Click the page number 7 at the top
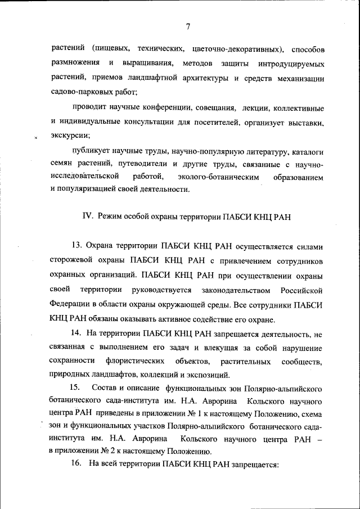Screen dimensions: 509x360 (188, 26)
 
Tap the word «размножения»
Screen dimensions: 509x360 (74, 61)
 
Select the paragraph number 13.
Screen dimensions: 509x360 (76, 246)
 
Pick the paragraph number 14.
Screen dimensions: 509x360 (76, 334)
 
